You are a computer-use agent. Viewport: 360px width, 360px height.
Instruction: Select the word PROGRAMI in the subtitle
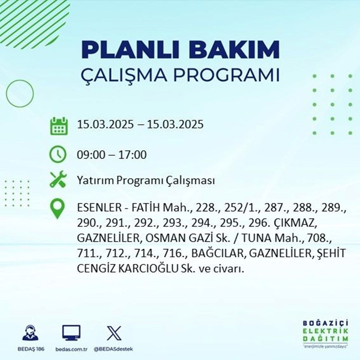coord(229,76)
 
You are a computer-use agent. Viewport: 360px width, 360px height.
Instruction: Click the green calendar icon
coord(58,125)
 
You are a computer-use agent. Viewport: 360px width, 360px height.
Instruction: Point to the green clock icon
coord(58,155)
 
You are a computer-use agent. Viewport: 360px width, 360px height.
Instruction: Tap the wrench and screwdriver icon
coord(58,180)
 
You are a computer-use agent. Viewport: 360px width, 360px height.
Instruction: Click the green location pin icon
coord(58,209)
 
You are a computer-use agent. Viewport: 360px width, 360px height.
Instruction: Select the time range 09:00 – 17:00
coord(112,156)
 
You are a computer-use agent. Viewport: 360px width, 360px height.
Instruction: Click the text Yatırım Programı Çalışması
coord(146,181)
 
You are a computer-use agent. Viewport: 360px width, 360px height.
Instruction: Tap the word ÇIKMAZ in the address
coord(297,223)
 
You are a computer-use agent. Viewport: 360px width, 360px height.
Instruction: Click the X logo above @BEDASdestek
coord(114,333)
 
